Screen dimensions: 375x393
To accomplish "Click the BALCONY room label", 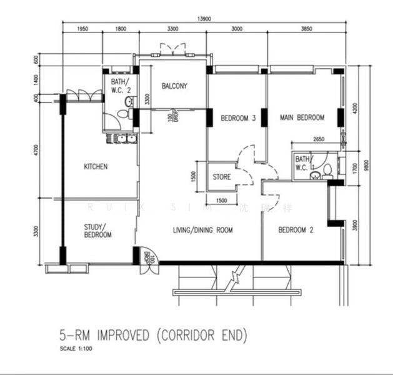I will [x=174, y=86].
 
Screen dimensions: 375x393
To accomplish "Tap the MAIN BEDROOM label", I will [x=302, y=117].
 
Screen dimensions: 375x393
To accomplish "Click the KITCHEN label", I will [x=96, y=167].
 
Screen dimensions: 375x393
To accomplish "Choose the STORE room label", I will [x=221, y=177].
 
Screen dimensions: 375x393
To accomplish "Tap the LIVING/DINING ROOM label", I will [x=203, y=230].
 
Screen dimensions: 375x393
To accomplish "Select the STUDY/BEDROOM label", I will [x=97, y=231].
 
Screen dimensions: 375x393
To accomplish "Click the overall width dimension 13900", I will [x=204, y=19].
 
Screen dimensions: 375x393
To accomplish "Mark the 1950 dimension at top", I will [x=82, y=29].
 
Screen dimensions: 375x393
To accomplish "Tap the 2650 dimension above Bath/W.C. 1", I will [x=319, y=140].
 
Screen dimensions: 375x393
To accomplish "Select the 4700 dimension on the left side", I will [x=37, y=150].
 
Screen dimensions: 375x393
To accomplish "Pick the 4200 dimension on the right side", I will [x=354, y=108].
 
